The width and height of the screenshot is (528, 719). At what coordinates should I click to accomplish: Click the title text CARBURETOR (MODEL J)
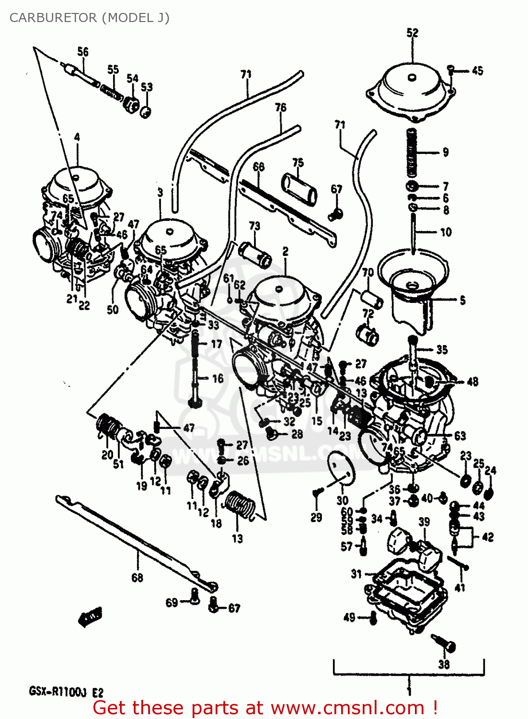pyautogui.click(x=89, y=18)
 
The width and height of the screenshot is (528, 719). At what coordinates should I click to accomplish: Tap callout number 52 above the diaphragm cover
pyautogui.click(x=412, y=33)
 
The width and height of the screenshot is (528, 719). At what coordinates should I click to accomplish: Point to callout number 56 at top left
pyautogui.click(x=83, y=52)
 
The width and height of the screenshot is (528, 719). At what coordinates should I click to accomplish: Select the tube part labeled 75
pyautogui.click(x=299, y=190)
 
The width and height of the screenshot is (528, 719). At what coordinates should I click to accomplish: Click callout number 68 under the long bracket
pyautogui.click(x=137, y=578)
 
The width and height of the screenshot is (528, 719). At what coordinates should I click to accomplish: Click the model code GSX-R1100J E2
pyautogui.click(x=66, y=692)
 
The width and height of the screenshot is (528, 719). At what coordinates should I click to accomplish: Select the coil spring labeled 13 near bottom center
pyautogui.click(x=241, y=505)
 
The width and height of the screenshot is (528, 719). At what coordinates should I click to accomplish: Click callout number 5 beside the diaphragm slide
pyautogui.click(x=462, y=301)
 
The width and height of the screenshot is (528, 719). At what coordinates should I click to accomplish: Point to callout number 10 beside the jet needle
pyautogui.click(x=446, y=232)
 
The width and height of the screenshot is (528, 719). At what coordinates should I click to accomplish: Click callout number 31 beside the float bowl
pyautogui.click(x=356, y=574)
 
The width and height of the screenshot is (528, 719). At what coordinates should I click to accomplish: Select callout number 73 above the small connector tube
pyautogui.click(x=254, y=225)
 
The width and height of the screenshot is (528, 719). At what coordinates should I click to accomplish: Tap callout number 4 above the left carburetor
pyautogui.click(x=77, y=138)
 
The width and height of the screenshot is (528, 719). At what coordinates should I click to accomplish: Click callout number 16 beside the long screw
pyautogui.click(x=218, y=379)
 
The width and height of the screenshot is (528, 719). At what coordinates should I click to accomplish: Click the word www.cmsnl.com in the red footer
pyautogui.click(x=347, y=708)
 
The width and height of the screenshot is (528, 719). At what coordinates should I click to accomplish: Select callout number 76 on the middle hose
pyautogui.click(x=281, y=107)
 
